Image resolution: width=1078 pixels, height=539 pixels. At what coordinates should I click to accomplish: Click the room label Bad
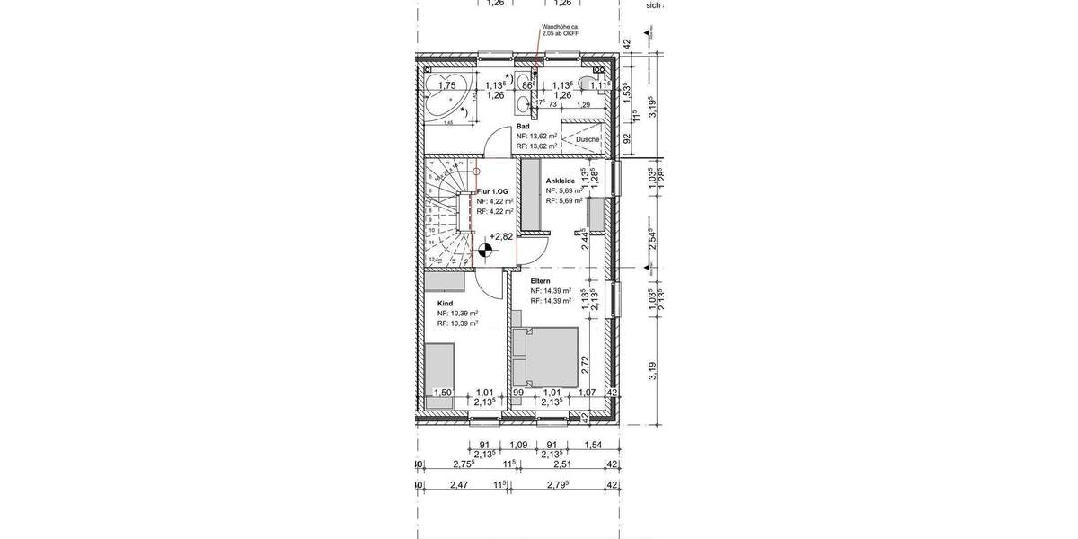[523, 128]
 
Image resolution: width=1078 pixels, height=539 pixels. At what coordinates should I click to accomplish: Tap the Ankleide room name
[561, 181]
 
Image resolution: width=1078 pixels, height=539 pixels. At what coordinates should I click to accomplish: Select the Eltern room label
[540, 281]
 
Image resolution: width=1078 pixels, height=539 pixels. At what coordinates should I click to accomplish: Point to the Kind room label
[445, 304]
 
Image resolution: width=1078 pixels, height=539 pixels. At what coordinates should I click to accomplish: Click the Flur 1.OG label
[493, 192]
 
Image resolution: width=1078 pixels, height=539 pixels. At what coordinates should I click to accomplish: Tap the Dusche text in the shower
[588, 139]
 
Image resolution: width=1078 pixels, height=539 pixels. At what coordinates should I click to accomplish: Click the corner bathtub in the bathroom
[447, 98]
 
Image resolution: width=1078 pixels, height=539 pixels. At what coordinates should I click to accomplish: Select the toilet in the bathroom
[588, 84]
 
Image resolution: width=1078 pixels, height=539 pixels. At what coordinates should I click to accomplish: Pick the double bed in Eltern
[544, 357]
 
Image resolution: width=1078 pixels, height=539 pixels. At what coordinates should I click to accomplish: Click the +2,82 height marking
[501, 237]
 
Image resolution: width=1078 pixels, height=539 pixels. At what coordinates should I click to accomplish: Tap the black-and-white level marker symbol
[485, 252]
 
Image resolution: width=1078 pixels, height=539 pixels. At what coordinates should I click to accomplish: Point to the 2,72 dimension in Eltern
[585, 363]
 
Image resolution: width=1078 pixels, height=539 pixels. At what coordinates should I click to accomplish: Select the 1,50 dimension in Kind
[442, 393]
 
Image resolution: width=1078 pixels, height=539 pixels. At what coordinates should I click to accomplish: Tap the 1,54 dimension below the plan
[593, 445]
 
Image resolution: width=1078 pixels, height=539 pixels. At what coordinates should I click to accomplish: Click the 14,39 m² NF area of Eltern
[552, 291]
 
